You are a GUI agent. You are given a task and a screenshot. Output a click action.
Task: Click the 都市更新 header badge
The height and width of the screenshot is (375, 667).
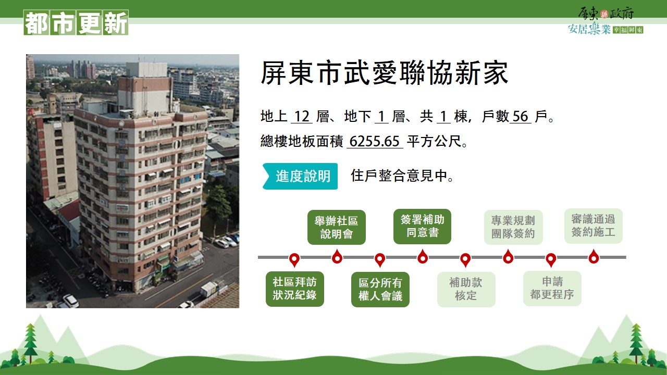point(76,22)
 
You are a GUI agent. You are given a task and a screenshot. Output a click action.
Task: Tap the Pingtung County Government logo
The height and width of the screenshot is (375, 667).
point(606,21)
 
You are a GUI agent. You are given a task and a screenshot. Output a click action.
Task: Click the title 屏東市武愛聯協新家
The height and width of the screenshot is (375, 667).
point(384,73)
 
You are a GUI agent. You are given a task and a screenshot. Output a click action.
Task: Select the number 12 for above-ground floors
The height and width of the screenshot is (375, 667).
point(302,116)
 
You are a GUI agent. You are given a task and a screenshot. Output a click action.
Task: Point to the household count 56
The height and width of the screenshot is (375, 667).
point(521,116)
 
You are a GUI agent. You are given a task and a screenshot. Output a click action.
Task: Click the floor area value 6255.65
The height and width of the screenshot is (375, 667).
point(374,141)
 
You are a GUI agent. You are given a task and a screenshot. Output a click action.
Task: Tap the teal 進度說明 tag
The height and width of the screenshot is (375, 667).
point(300,176)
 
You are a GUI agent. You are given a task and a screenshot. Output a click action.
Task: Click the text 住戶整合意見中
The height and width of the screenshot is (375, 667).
point(402,176)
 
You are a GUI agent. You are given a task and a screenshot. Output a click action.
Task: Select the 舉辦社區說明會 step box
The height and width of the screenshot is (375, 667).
point(337,228)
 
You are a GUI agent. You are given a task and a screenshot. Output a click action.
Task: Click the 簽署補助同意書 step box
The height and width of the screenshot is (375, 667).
point(422,227)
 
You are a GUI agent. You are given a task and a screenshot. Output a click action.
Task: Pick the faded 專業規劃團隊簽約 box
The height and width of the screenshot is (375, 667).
point(513,228)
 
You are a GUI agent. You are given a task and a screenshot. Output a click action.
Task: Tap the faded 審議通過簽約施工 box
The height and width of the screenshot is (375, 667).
point(594,226)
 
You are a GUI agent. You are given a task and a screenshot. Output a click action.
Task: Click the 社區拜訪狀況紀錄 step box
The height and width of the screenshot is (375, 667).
point(295,289)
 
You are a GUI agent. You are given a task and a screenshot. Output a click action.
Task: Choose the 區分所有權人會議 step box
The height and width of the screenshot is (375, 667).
point(380,290)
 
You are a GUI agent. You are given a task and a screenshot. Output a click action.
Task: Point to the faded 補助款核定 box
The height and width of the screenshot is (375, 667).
point(466,290)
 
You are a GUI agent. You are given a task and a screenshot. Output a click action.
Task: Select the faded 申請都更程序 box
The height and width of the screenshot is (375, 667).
point(552,289)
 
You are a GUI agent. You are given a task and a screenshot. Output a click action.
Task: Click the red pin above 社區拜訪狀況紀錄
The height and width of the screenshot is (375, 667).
point(294,260)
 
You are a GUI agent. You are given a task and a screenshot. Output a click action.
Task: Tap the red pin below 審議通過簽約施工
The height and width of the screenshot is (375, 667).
point(594,257)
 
